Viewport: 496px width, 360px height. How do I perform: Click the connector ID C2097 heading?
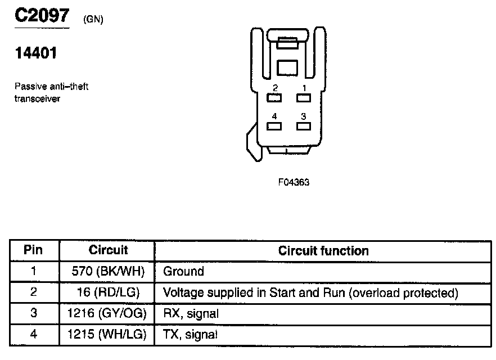coord(42,15)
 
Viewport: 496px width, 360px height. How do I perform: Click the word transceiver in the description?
coord(37,98)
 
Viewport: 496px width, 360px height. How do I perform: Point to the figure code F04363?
coord(294,183)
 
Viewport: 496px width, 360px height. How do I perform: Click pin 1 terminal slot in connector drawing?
coord(304,98)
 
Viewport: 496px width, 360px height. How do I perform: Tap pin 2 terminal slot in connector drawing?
coord(274,98)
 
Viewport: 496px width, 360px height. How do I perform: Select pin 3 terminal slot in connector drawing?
coord(304,126)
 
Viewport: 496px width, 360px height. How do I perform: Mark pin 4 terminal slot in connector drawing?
coord(274,126)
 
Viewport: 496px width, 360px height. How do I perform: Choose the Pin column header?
coord(34,250)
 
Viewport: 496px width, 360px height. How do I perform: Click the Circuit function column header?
coord(323,251)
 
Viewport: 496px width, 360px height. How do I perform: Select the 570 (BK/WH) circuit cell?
coord(109,272)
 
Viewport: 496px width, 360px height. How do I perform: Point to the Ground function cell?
coord(183,272)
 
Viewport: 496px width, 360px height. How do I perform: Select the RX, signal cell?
coord(191,314)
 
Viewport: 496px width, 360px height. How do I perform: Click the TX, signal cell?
coord(190,335)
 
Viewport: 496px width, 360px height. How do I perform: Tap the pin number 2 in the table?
coord(34,293)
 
